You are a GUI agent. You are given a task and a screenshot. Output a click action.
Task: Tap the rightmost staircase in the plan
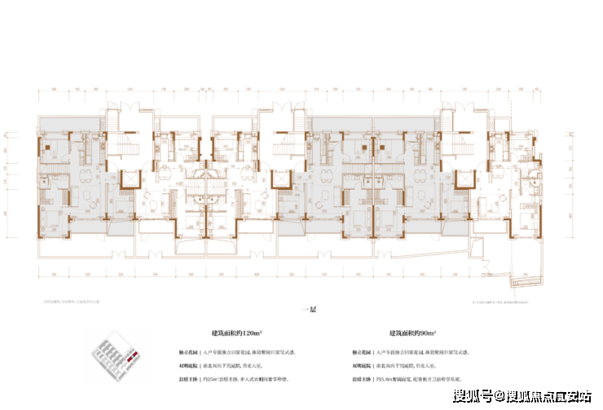point(456,152)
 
